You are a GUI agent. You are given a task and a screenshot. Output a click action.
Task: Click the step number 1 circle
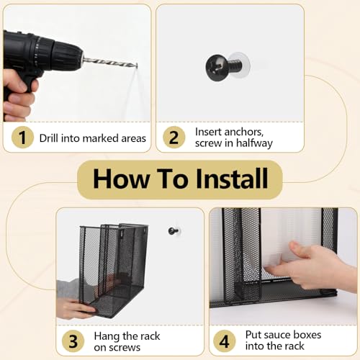(x=22, y=138)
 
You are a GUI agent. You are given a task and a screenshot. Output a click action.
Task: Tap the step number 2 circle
(x=174, y=138)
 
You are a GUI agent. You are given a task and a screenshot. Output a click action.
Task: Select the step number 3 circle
(x=73, y=341)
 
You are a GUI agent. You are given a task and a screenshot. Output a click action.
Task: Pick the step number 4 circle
(x=224, y=341)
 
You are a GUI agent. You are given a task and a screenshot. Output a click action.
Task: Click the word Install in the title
(x=232, y=179)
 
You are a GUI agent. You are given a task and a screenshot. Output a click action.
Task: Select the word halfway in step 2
(x=254, y=143)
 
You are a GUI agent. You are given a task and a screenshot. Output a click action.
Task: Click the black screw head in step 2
(x=217, y=67)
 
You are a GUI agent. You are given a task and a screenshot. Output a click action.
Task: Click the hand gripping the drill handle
(x=18, y=95)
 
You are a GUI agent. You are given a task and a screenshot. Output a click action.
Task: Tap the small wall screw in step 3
(x=174, y=231)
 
